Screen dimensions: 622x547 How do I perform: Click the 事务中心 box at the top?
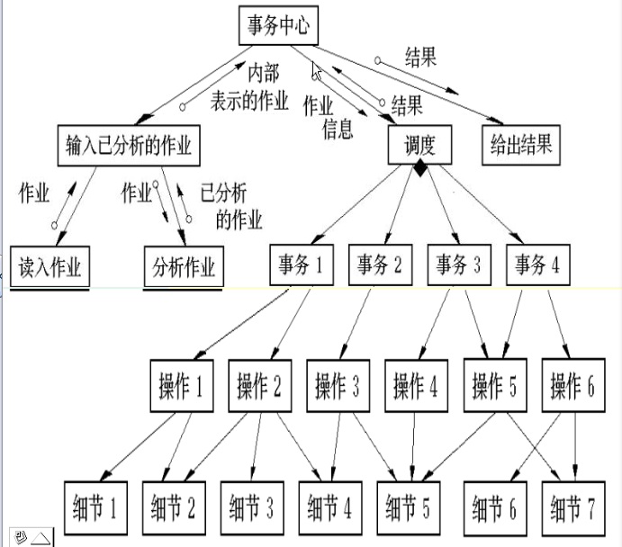click(x=278, y=25)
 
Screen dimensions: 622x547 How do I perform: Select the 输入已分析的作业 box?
click(x=129, y=146)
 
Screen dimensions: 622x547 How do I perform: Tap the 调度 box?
click(x=419, y=145)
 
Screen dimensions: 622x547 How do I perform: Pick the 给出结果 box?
click(x=521, y=145)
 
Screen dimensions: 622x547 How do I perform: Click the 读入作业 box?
click(x=50, y=266)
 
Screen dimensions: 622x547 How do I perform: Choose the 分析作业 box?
click(x=184, y=266)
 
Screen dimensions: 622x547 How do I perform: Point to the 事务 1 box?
click(x=302, y=265)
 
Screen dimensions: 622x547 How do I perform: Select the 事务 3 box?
click(x=459, y=265)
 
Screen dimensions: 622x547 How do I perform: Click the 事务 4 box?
click(x=538, y=265)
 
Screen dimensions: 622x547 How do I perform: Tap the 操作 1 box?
click(x=182, y=386)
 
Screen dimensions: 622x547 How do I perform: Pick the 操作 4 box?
click(x=417, y=386)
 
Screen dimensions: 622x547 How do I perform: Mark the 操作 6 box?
click(x=573, y=385)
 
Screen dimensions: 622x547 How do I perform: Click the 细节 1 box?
click(x=95, y=508)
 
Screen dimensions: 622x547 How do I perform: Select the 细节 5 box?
click(x=409, y=508)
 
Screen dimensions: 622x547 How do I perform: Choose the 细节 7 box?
click(x=573, y=508)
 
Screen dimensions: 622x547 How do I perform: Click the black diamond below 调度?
click(x=420, y=167)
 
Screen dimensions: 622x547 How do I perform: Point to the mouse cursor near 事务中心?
click(x=316, y=71)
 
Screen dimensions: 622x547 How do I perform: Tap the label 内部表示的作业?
click(x=250, y=86)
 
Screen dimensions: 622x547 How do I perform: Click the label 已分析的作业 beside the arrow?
click(x=231, y=206)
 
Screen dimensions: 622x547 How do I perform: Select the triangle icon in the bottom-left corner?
click(x=41, y=538)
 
